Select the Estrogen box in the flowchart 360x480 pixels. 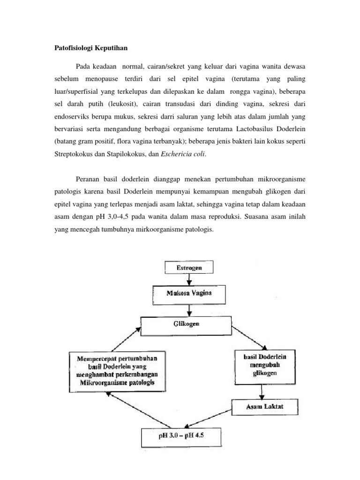pyautogui.click(x=189, y=268)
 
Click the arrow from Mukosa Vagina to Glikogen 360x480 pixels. pyautogui.click(x=189, y=309)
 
